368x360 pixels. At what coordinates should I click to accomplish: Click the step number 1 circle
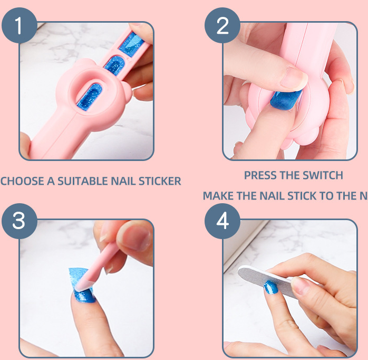tap(19, 25)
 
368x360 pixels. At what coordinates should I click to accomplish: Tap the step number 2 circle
tap(222, 25)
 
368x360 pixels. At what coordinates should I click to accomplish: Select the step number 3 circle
tap(19, 220)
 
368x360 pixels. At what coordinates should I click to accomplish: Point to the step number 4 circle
tap(222, 221)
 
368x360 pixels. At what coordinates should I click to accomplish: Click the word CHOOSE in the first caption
tap(22, 181)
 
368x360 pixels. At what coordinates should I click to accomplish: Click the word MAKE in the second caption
tap(218, 196)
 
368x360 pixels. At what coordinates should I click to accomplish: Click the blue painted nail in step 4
tap(271, 288)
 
